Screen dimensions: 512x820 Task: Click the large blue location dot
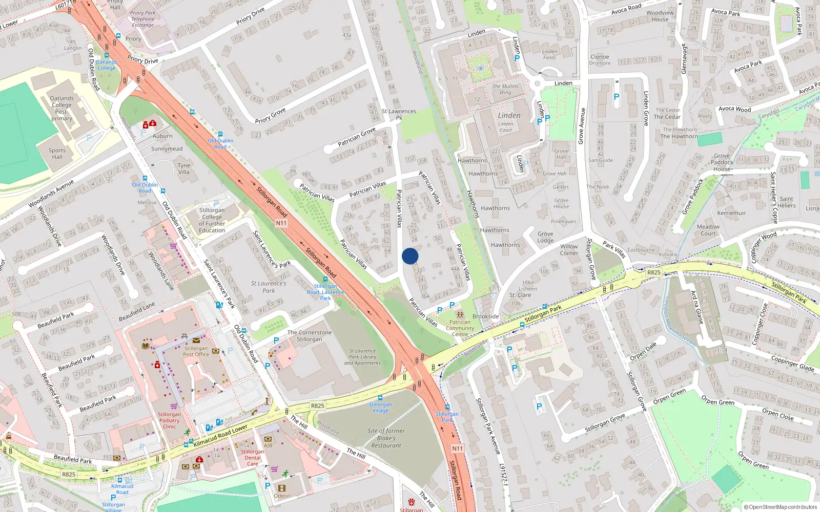[x=410, y=256]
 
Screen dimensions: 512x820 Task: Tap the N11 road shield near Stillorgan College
[x=281, y=223]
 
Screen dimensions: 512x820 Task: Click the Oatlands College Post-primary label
[x=61, y=108]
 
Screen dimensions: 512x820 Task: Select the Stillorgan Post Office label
[x=196, y=351]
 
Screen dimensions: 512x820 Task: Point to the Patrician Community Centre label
[x=460, y=328]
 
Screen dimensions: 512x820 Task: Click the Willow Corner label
[x=569, y=249]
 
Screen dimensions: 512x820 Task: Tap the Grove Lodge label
[x=545, y=237]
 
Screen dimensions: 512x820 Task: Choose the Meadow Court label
[x=708, y=230]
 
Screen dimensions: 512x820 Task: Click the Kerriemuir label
[x=731, y=213]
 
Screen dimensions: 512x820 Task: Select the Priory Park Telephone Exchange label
[x=142, y=19]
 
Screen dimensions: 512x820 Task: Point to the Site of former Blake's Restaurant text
[x=386, y=438]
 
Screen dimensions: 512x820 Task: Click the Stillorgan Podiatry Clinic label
[x=169, y=420]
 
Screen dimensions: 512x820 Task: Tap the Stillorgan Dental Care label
[x=253, y=458]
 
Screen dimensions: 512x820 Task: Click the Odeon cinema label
[x=281, y=496]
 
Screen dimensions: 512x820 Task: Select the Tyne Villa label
[x=183, y=168]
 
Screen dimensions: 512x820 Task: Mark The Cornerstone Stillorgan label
[x=309, y=336]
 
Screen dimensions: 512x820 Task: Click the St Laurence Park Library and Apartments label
[x=362, y=357]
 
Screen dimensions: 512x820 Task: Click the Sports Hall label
[x=57, y=154]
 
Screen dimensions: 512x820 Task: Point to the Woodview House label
[x=660, y=16]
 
